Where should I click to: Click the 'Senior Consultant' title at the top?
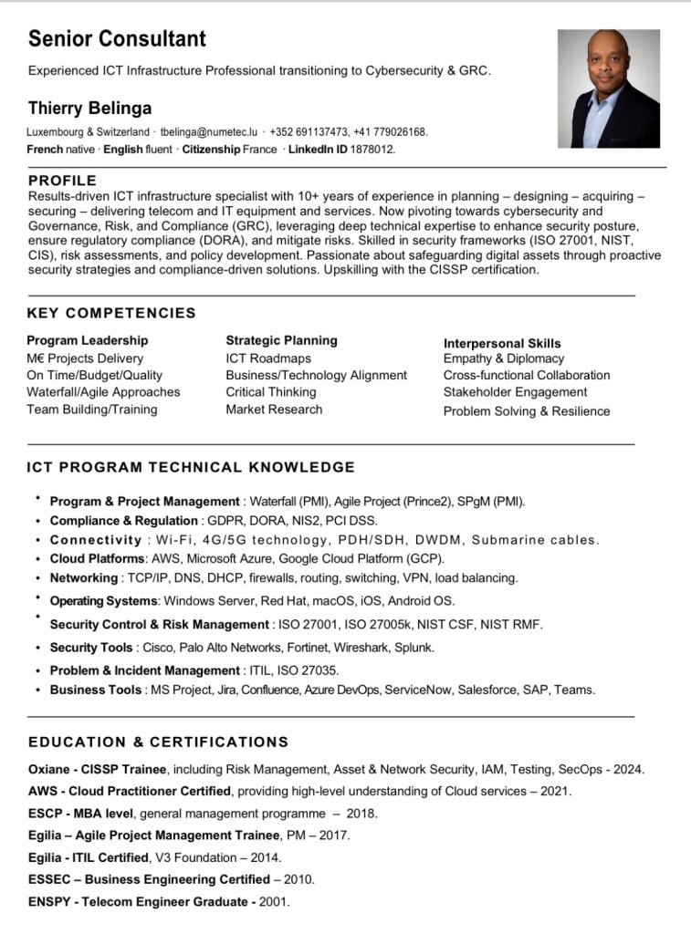[117, 38]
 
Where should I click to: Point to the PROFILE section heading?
[62, 181]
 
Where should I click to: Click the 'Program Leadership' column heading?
[87, 340]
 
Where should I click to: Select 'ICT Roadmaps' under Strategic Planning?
[268, 358]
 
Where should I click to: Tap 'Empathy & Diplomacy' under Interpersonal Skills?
[504, 358]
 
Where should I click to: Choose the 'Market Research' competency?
[274, 410]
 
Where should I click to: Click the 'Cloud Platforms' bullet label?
[97, 558]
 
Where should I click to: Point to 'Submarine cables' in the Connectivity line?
[534, 540]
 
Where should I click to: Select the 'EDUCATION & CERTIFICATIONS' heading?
[158, 742]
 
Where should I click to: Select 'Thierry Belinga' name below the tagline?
[89, 109]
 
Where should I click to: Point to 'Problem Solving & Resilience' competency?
[527, 411]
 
